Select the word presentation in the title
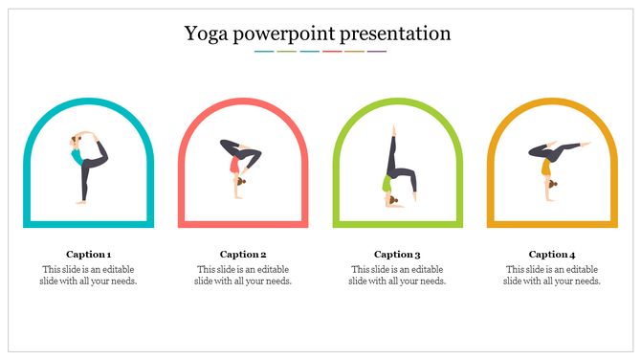tap(400, 34)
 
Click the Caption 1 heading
tap(88, 254)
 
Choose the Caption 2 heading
tap(243, 254)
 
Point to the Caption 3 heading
tap(397, 254)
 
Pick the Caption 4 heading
tap(552, 254)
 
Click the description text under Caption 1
tap(88, 275)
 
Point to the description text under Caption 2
tap(243, 275)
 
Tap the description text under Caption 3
tap(397, 275)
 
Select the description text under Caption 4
tap(552, 275)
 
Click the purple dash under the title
tap(377, 52)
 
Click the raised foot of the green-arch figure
tap(391, 127)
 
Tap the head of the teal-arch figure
tap(76, 142)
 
